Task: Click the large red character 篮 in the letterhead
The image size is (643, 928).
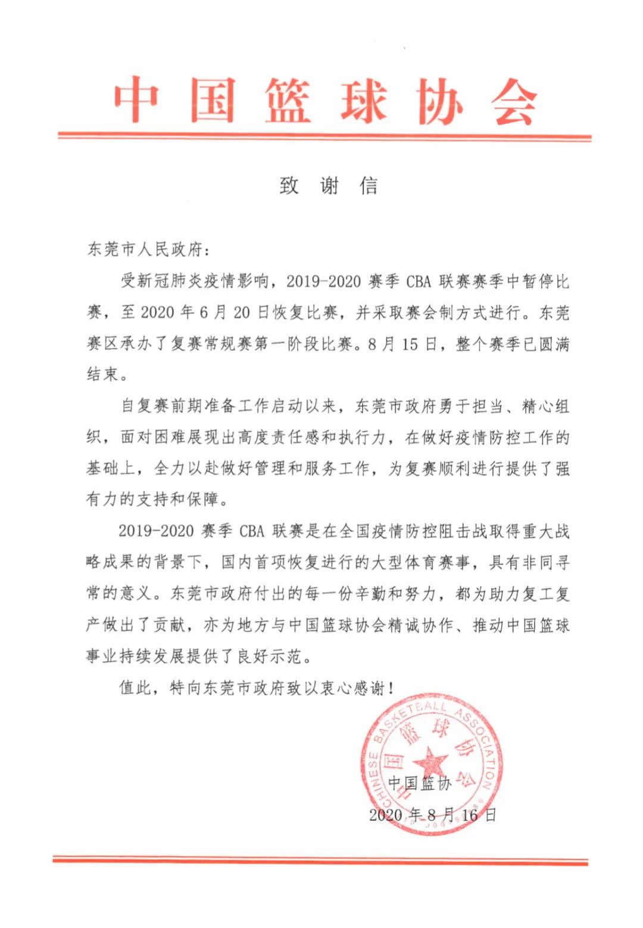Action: (x=288, y=101)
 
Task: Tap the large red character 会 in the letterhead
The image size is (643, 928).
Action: (x=514, y=101)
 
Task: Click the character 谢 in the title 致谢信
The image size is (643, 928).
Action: (x=329, y=186)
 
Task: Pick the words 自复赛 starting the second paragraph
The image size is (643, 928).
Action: (x=145, y=406)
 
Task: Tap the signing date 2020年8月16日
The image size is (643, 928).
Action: (x=432, y=815)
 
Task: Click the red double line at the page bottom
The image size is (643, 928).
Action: (x=320, y=860)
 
